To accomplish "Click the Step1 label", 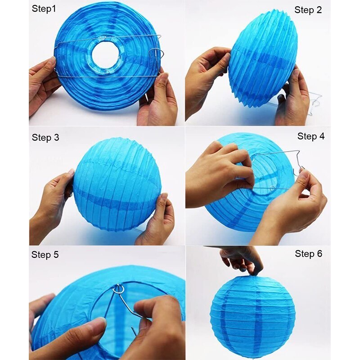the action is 44,9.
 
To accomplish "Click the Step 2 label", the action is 308,10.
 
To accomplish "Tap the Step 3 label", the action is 45,138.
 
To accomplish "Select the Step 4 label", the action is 311,136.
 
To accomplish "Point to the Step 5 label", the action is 45,255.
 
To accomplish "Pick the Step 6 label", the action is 309,254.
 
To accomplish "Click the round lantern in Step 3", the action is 117,185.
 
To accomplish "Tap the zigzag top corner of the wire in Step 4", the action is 298,151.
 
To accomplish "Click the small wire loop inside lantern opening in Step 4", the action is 272,188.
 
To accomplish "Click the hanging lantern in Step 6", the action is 253,317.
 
